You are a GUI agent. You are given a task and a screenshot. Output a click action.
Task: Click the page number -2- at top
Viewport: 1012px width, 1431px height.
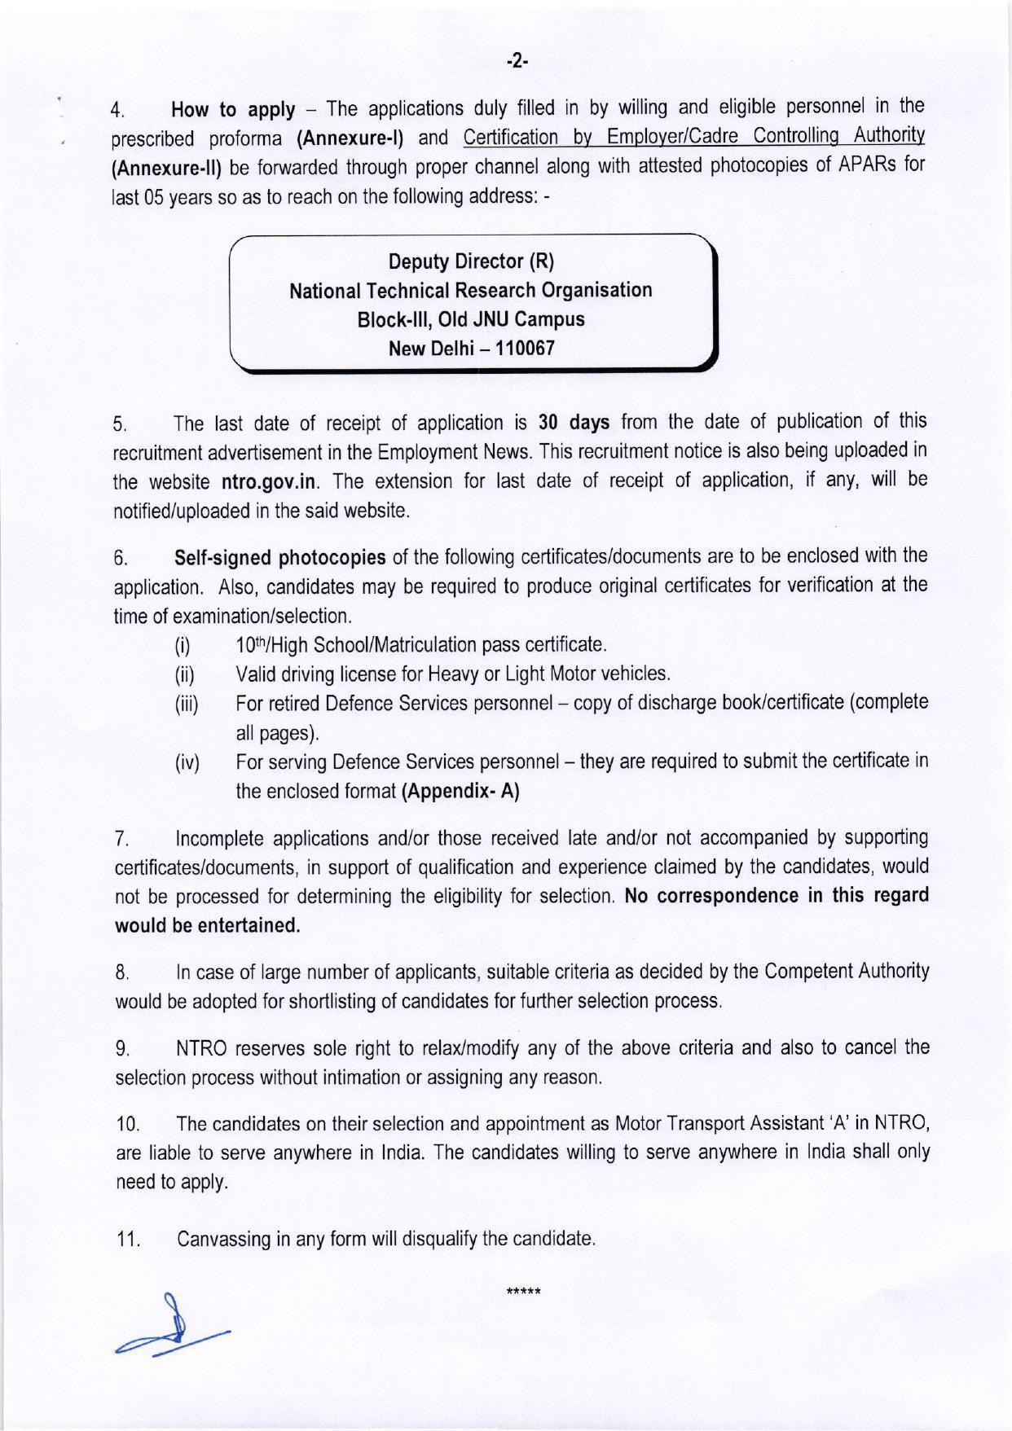click(517, 60)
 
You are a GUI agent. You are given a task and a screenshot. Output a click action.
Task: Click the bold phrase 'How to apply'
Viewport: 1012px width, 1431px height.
click(233, 110)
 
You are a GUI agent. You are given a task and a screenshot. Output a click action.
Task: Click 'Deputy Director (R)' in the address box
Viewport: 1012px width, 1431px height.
click(471, 261)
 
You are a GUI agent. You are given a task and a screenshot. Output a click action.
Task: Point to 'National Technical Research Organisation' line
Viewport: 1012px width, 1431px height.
click(471, 291)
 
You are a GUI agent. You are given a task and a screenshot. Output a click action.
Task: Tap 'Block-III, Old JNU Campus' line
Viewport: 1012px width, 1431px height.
click(471, 319)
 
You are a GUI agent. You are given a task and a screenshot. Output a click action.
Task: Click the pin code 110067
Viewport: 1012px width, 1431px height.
click(526, 349)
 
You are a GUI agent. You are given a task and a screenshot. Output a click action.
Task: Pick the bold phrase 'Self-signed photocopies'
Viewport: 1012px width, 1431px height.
click(280, 558)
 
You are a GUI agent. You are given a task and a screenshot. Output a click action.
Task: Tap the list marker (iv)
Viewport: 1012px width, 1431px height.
click(187, 764)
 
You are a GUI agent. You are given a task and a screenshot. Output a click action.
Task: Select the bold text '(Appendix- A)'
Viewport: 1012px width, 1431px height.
click(460, 792)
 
